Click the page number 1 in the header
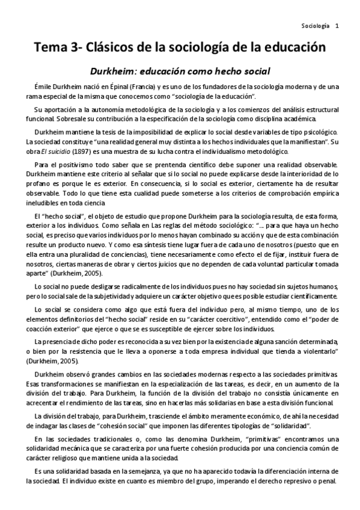(x=337, y=26)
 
